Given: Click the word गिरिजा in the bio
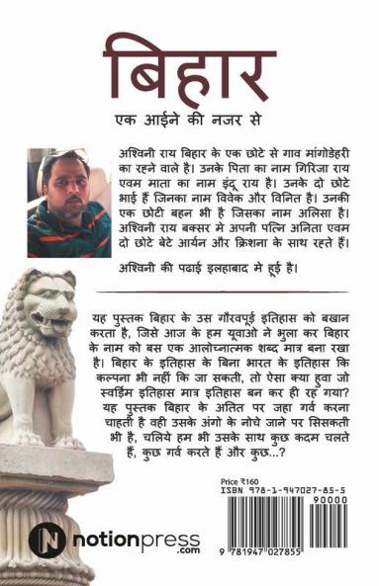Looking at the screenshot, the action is click(298, 173).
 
